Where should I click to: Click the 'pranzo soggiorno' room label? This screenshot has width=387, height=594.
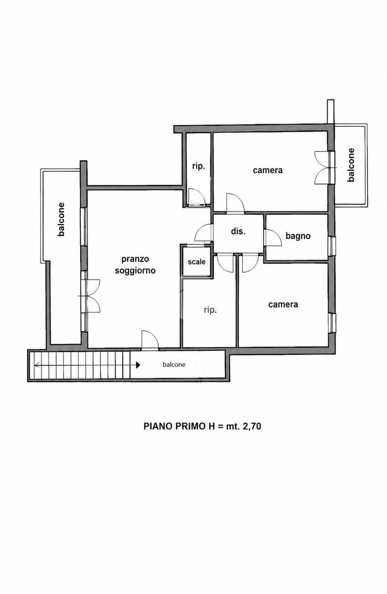coord(135,265)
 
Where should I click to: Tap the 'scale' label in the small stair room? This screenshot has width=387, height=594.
coord(196,262)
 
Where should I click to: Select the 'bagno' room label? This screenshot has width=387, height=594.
coord(298,236)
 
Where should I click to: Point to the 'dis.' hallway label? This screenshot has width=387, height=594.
coord(238,231)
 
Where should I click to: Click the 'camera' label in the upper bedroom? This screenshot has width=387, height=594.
coord(268,170)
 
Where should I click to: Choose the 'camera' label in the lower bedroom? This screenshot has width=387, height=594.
coord(283,304)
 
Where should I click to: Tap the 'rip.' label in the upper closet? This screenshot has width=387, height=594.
coord(198,166)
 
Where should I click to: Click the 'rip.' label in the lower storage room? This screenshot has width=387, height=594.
coord(210,310)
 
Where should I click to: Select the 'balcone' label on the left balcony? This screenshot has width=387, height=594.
coord(61,219)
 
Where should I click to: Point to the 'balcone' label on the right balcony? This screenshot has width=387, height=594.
coord(351,165)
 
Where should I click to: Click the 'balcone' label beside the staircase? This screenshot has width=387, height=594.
coord(174,365)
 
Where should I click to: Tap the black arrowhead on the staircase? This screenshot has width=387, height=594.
coord(138,365)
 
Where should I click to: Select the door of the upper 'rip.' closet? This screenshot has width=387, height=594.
coord(196,197)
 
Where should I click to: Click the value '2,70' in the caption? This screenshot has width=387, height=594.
coord(252,426)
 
